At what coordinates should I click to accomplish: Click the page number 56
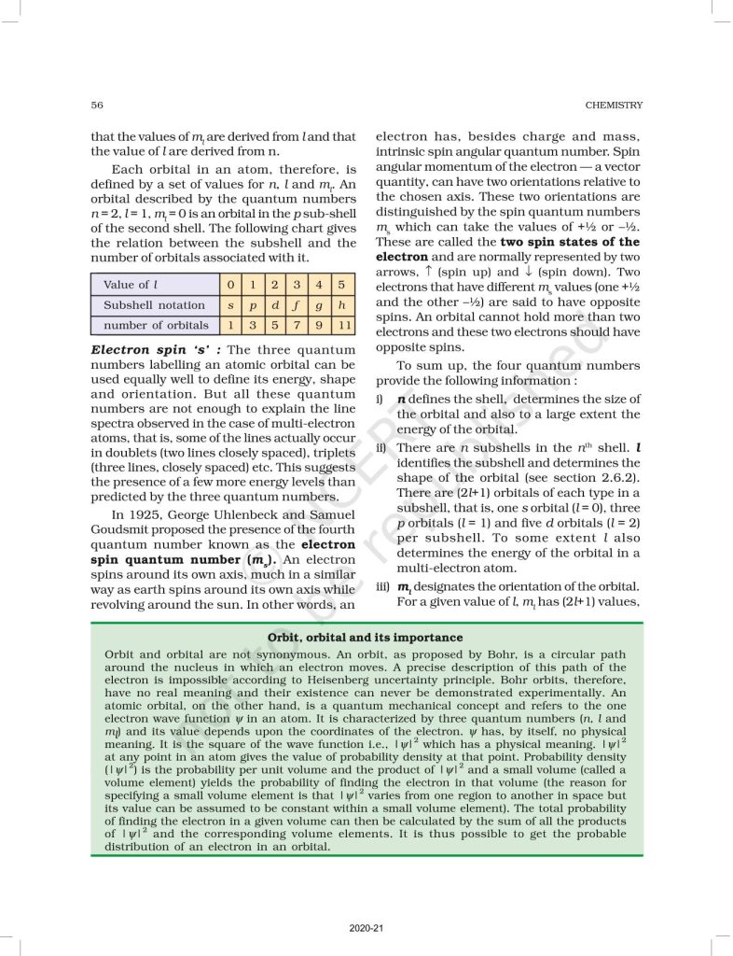tap(97, 105)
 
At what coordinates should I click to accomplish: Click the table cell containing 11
tap(344, 326)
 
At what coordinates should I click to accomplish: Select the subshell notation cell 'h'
tap(344, 305)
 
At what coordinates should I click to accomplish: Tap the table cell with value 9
tap(321, 326)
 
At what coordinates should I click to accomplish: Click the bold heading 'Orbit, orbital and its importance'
tap(366, 638)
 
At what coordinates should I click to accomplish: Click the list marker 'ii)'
tap(382, 447)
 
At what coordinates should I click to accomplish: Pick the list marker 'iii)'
tap(383, 585)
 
